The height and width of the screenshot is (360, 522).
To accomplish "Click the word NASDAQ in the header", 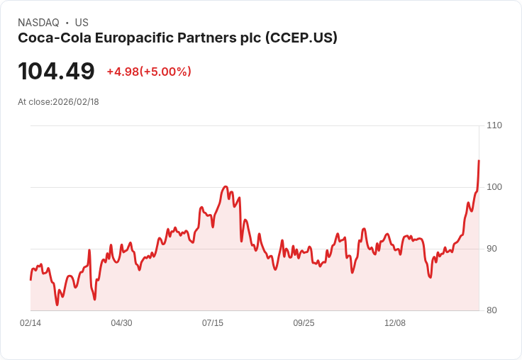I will tap(38, 23).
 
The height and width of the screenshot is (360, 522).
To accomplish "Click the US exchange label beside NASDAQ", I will tap(82, 23).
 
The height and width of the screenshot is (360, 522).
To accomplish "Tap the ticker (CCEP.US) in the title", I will tap(301, 38).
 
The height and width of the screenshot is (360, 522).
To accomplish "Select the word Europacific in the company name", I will tap(125, 38).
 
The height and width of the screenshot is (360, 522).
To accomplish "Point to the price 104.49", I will tap(56, 72).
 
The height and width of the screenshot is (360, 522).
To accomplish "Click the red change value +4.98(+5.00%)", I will tap(149, 72).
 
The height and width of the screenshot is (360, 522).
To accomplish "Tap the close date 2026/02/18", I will tap(76, 102).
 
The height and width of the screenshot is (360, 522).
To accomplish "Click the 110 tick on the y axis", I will tap(494, 125).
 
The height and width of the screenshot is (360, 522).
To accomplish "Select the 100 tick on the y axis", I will tap(494, 187).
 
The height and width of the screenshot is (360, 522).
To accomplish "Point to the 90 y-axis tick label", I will tap(492, 249).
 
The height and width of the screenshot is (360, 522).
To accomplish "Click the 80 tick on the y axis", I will tap(492, 310).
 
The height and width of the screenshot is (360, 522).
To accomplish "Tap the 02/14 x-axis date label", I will tap(30, 323).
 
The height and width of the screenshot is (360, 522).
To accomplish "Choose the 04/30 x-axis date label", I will tap(121, 323).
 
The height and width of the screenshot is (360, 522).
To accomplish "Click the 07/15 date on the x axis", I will tap(213, 323).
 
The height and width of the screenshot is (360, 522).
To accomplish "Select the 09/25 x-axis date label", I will tap(304, 323).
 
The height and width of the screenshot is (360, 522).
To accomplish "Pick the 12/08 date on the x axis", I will tap(395, 323).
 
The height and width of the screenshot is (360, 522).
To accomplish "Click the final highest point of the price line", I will tap(479, 161).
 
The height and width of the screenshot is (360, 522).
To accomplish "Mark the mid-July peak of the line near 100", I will tap(226, 187).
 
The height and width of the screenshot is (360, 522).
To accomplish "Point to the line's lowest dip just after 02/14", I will tap(57, 305).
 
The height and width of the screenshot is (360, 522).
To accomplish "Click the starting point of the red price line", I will tap(30, 279).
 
